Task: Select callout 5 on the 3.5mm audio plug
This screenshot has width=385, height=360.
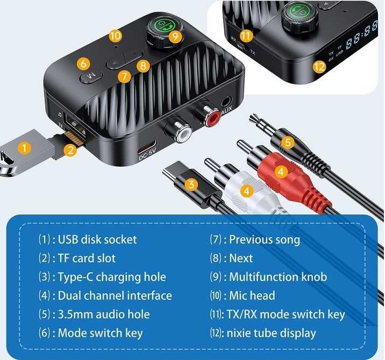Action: (x=288, y=142)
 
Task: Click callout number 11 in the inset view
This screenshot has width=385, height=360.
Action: (x=246, y=37)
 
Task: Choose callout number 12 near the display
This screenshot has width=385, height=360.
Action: (x=319, y=67)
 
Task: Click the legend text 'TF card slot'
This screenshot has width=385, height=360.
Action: (x=87, y=258)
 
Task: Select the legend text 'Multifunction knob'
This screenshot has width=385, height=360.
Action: (x=277, y=277)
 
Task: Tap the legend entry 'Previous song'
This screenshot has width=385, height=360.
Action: (x=264, y=239)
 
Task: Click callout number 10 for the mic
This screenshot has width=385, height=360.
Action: (x=115, y=35)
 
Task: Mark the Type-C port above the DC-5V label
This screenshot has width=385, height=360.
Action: (x=147, y=148)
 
